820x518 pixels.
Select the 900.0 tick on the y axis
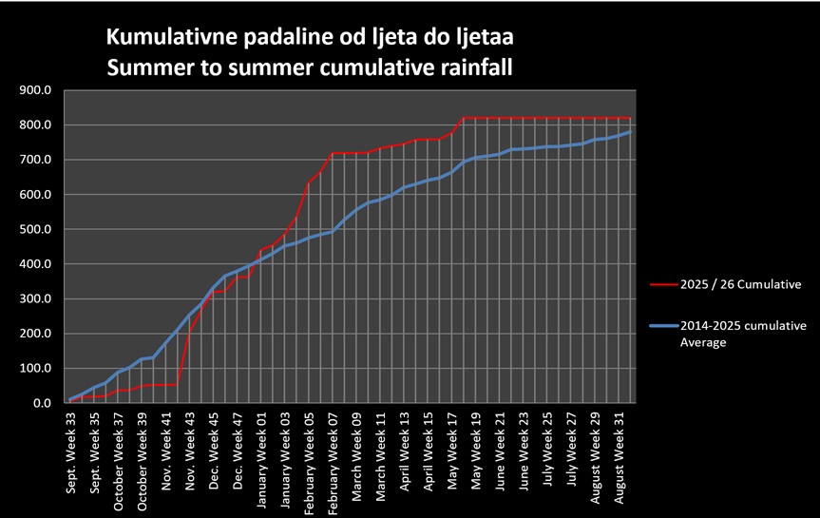(x=35, y=90)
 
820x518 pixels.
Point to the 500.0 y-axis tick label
(x=35, y=229)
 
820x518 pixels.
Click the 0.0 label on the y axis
(x=43, y=403)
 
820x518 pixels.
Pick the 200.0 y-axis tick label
(x=35, y=334)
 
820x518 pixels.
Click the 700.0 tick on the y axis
(x=35, y=160)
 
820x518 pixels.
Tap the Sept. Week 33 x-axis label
(x=71, y=453)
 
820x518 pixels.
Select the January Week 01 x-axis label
(x=261, y=460)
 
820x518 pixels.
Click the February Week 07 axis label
(x=334, y=464)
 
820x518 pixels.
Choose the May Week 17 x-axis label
(x=452, y=451)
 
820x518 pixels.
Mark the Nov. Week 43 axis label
(x=190, y=451)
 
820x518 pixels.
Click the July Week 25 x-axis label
(x=547, y=450)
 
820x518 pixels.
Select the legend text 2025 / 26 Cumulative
(x=740, y=284)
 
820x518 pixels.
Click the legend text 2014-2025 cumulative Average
(x=743, y=334)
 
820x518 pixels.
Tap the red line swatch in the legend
(x=663, y=284)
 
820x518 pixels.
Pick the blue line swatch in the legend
(x=663, y=325)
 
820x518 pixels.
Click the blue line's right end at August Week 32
(x=631, y=132)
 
